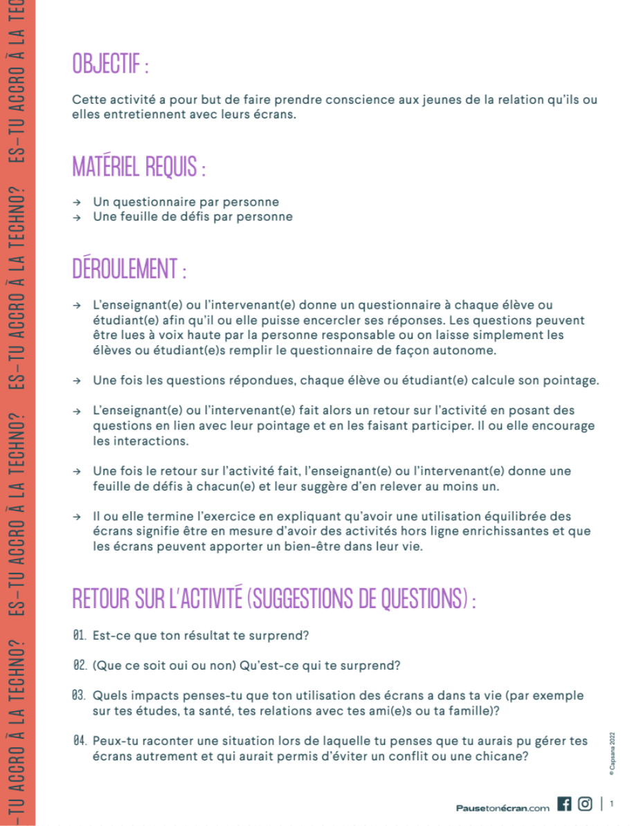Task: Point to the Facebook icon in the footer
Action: [564, 804]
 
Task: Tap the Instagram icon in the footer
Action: [585, 804]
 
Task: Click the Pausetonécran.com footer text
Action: [502, 807]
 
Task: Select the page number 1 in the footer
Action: [612, 804]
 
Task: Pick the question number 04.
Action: [78, 741]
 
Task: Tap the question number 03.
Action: [78, 695]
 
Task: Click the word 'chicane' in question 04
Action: [505, 756]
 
